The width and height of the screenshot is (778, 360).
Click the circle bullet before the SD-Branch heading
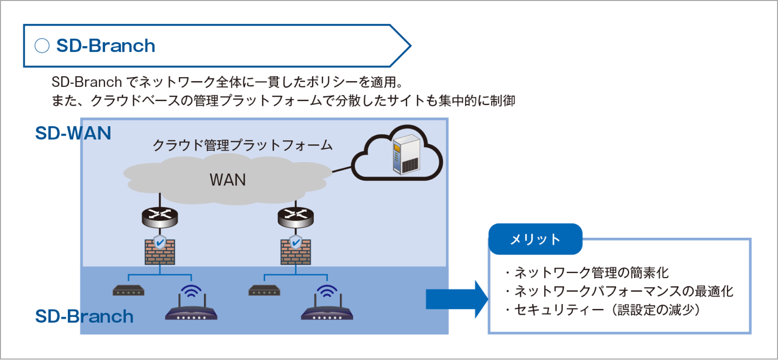(42, 46)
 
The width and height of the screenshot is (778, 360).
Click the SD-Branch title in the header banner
(106, 46)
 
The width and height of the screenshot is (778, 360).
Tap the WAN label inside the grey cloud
(227, 180)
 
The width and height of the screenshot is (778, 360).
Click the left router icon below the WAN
(160, 217)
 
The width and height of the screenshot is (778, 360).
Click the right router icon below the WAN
(295, 217)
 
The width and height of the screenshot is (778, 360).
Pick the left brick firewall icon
(160, 250)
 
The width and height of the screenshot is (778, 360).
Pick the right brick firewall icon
(295, 250)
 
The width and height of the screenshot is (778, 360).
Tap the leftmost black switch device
(128, 290)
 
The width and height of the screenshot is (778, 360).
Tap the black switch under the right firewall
(264, 290)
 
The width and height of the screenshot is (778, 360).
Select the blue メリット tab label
(535, 239)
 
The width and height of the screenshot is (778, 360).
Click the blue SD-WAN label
(73, 133)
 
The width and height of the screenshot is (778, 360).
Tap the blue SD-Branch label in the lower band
(84, 316)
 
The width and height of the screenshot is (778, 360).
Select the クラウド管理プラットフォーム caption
(242, 145)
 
